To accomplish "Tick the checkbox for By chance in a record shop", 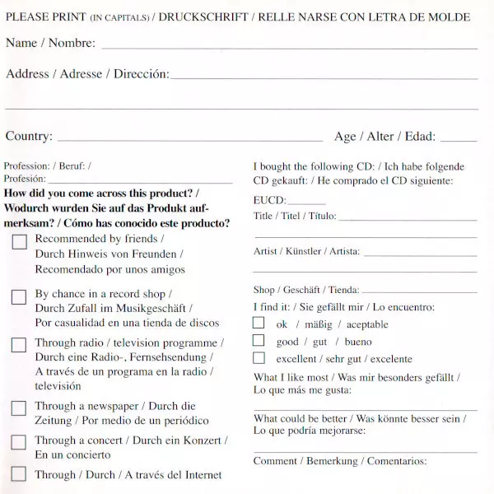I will point(19,297).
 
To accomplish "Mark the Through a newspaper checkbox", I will point(19,408).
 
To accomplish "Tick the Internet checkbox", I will point(19,474).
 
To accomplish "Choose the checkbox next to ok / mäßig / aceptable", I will point(259,324).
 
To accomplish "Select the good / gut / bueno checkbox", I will point(259,341).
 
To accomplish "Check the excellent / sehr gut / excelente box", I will point(259,358).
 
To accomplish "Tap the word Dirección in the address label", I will point(141,74).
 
